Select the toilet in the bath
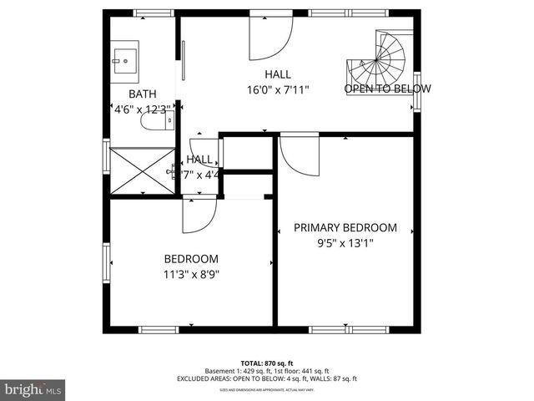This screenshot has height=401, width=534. click(155, 123)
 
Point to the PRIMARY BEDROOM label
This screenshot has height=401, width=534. click(344, 227)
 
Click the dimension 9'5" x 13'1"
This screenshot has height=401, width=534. click(345, 243)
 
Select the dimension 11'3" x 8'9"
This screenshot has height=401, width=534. click(191, 273)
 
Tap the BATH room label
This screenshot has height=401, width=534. click(143, 94)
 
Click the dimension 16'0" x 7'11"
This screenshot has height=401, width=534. click(278, 89)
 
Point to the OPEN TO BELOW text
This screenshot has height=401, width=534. click(388, 89)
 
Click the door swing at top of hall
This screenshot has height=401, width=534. click(271, 38)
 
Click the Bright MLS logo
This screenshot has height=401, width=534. click(33, 389)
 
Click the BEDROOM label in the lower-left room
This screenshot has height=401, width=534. click(191, 258)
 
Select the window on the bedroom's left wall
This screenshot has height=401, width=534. click(106, 263)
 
